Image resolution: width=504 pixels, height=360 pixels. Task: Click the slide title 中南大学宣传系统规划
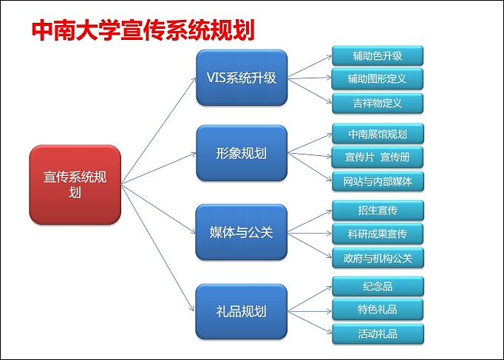(143, 30)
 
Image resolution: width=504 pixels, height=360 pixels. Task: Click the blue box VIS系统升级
(241, 78)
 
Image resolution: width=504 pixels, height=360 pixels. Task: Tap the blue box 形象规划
(241, 153)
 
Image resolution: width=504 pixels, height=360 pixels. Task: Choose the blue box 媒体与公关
(241, 232)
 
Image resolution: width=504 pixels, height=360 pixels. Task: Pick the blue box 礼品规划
(241, 311)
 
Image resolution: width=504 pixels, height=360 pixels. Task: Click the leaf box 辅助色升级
(378, 55)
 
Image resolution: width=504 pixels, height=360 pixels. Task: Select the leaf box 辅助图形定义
(378, 78)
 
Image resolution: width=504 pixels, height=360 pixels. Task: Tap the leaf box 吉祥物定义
(378, 102)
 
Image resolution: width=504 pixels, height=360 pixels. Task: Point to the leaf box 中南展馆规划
(378, 134)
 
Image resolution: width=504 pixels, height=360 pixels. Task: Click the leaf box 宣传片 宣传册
(378, 157)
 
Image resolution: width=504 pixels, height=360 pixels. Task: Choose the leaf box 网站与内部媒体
(378, 180)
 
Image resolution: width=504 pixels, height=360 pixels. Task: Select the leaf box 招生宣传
(378, 210)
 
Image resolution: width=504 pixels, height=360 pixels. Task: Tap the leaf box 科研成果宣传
(378, 234)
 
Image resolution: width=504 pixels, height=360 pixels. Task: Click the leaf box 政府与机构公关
(378, 257)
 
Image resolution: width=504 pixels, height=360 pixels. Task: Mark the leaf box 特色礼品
(378, 309)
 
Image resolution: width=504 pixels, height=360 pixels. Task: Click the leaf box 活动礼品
(378, 333)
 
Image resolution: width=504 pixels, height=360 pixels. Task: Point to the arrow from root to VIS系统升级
(159, 129)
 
